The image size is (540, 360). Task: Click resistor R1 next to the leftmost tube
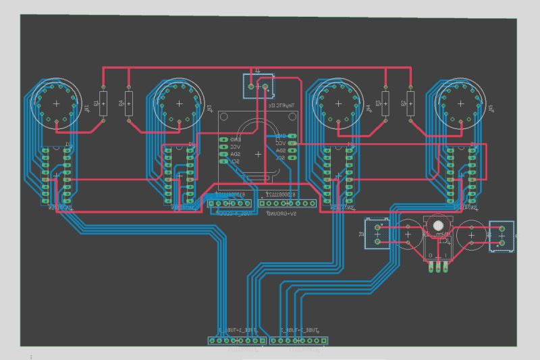pyautogui.click(x=103, y=105)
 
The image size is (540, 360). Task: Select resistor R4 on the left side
pyautogui.click(x=129, y=105)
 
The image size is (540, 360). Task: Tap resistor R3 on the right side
pyautogui.click(x=385, y=105)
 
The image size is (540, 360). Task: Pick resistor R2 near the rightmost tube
pyautogui.click(x=410, y=105)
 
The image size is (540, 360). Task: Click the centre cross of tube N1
pyautogui.click(x=56, y=103)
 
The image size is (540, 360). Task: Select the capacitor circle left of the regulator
pyautogui.click(x=408, y=234)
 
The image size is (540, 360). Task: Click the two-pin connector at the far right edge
pyautogui.click(x=501, y=236)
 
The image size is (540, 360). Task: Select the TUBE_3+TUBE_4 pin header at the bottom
pyautogui.click(x=298, y=340)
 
